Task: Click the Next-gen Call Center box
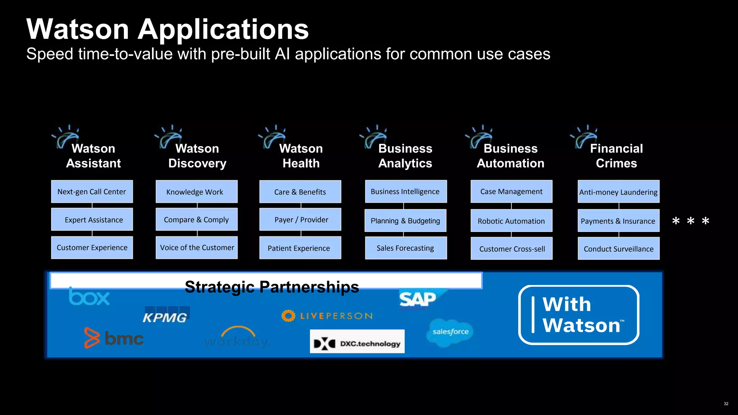[92, 192]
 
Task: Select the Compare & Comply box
[196, 219]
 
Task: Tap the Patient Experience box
[300, 248]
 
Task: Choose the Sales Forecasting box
[406, 248]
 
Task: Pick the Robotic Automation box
[511, 221]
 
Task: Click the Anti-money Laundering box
[618, 192]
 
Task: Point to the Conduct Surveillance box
[618, 249]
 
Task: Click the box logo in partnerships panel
[89, 296]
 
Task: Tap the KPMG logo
[166, 315]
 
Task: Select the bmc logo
[114, 338]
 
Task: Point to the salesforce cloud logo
[450, 332]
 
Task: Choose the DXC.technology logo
[357, 342]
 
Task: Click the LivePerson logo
[327, 316]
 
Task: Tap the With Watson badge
[579, 315]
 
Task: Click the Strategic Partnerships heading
[272, 287]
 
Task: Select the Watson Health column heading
[301, 156]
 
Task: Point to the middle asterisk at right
[690, 221]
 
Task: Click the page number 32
[726, 404]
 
